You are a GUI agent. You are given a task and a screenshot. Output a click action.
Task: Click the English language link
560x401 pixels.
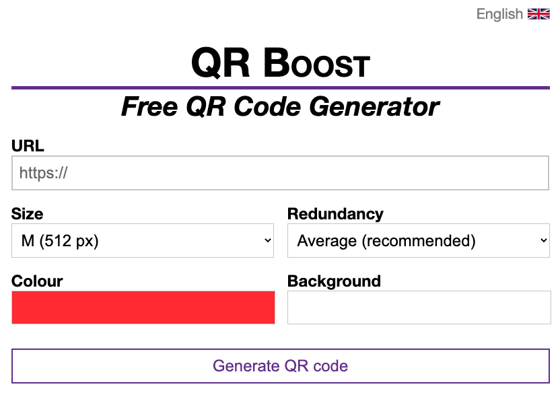click(x=499, y=14)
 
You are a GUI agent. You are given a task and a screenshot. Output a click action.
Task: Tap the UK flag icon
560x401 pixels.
click(x=538, y=14)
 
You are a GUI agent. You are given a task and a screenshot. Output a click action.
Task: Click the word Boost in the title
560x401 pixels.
click(x=316, y=63)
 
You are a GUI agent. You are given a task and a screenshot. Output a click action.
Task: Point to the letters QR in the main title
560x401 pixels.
click(x=221, y=63)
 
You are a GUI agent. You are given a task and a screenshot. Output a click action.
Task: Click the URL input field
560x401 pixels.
click(x=280, y=173)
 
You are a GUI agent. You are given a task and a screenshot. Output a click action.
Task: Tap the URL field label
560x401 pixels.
click(x=28, y=146)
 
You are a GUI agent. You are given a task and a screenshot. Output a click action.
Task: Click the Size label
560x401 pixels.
click(x=28, y=214)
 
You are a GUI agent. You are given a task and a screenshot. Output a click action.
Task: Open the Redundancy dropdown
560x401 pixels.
click(x=418, y=241)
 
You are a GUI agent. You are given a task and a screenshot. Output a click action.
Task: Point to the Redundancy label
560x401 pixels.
click(x=335, y=214)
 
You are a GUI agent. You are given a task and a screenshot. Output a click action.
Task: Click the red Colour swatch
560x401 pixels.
click(x=143, y=307)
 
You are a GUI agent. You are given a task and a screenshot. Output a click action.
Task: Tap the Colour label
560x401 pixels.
click(x=37, y=281)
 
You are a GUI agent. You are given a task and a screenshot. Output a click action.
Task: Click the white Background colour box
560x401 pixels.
click(x=419, y=307)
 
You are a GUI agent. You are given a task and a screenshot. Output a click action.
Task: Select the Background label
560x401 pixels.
click(x=334, y=281)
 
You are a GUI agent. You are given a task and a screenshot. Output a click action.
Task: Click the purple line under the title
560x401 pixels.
click(x=280, y=87)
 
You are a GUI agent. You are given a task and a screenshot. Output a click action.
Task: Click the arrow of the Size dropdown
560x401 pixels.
click(x=268, y=241)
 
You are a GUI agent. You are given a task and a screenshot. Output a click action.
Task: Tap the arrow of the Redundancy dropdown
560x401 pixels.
click(x=544, y=241)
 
